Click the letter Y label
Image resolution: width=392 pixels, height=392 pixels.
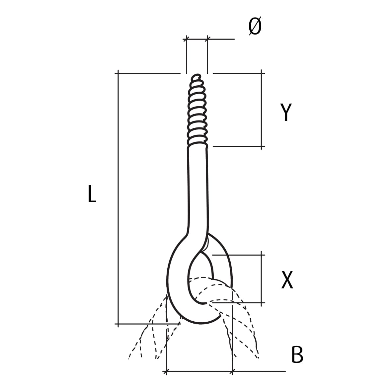[x=286, y=112]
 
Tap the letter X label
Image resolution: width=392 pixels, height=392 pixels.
[x=287, y=280]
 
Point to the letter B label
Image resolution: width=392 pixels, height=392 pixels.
[x=297, y=355]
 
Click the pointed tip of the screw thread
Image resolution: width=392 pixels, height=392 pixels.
[x=197, y=77]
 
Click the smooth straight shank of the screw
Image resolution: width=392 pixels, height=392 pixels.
[x=198, y=186]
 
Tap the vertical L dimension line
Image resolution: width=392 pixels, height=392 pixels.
[x=118, y=199]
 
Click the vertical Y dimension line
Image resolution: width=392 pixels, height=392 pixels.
[x=262, y=110]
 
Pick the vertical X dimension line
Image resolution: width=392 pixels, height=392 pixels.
[x=262, y=279]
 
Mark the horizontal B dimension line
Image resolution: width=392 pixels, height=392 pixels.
[x=199, y=371]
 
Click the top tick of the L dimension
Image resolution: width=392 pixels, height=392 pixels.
[x=118, y=73]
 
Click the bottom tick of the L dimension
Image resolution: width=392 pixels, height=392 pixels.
[x=118, y=324]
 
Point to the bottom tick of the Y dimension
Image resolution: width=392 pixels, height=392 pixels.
[x=262, y=146]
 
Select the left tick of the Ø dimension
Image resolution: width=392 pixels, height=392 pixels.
[x=186, y=39]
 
